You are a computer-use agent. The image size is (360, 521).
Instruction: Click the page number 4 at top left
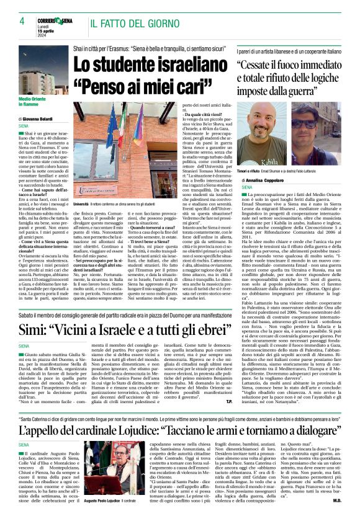[x=13, y=22]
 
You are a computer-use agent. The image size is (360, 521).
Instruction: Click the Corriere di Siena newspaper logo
[x=55, y=20]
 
